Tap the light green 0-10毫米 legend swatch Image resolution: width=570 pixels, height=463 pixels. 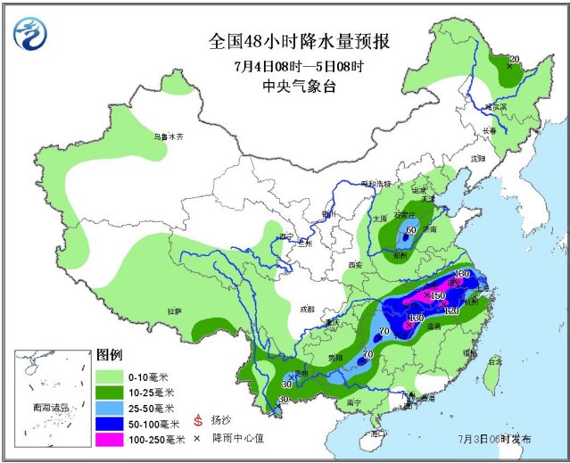pos(112,376)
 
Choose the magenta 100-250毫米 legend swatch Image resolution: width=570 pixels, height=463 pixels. pos(112,439)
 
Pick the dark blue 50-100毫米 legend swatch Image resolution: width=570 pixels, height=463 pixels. pos(112,423)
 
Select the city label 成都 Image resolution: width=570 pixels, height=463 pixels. pos(307,309)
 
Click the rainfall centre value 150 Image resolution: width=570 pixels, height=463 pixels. pos(438,295)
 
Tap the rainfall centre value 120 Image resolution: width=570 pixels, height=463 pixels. pos(451,310)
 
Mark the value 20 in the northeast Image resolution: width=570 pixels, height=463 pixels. pos(513,59)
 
